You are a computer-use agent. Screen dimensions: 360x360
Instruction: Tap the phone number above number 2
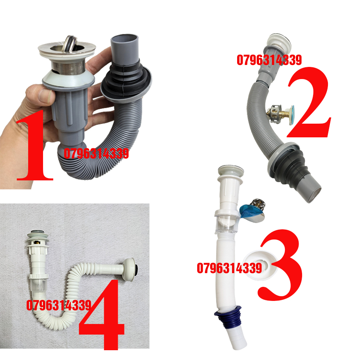pyautogui.click(x=269, y=60)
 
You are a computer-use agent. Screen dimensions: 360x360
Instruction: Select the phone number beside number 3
pyautogui.click(x=229, y=268)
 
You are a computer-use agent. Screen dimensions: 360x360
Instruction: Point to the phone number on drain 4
pyautogui.click(x=59, y=305)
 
